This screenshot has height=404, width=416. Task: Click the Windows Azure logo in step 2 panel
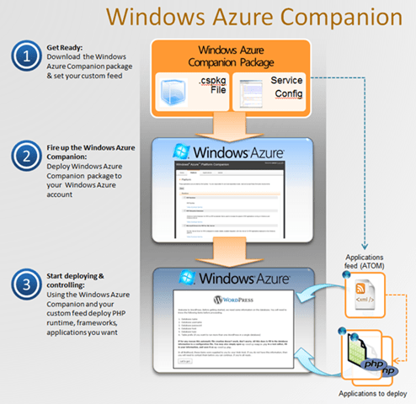point(232,154)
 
